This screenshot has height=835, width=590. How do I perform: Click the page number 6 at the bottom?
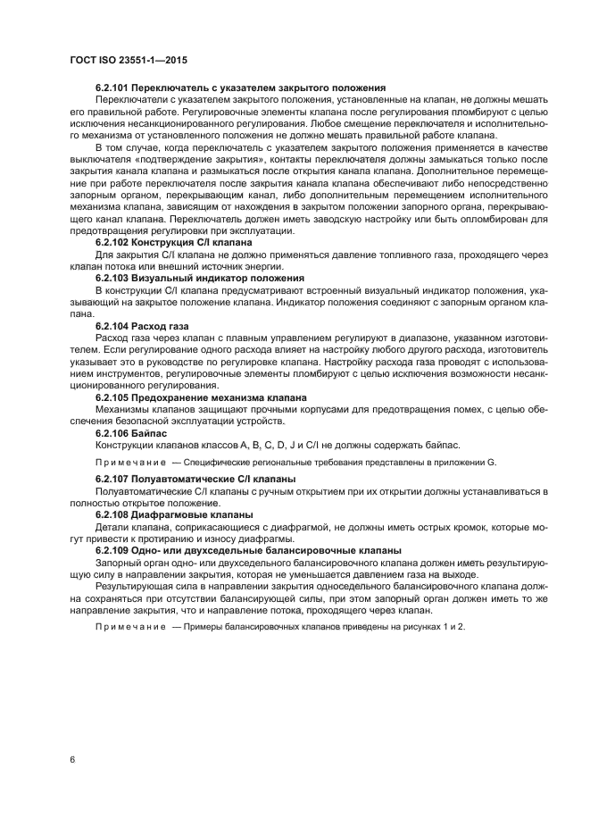pos(72,760)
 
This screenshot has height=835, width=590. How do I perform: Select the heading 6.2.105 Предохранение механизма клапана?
pos(201,396)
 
